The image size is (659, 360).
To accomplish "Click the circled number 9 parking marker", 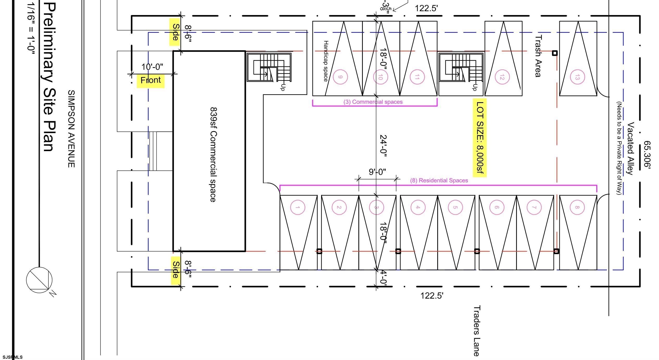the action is pyautogui.click(x=340, y=77).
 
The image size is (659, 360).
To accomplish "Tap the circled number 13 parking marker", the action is pyautogui.click(x=577, y=77).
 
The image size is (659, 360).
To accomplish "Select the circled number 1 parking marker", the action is pyautogui.click(x=297, y=207).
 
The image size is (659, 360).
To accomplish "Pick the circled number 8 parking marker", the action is pyautogui.click(x=577, y=207).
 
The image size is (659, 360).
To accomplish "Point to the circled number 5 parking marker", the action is pyautogui.click(x=455, y=207).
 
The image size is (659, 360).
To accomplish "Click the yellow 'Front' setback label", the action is pyautogui.click(x=151, y=80).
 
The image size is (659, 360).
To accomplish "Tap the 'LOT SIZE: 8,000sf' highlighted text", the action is pyautogui.click(x=480, y=137).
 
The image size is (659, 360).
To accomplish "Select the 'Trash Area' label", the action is pyautogui.click(x=538, y=56).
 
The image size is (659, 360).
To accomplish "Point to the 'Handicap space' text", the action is pyautogui.click(x=326, y=61).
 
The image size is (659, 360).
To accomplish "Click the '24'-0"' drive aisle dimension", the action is pyautogui.click(x=383, y=146).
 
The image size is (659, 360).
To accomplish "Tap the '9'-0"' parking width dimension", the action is pyautogui.click(x=377, y=172).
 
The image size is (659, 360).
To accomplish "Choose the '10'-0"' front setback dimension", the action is pyautogui.click(x=152, y=67).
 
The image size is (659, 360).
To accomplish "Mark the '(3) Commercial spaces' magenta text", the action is pyautogui.click(x=373, y=102).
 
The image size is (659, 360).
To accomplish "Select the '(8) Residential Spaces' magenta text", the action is pyautogui.click(x=439, y=180).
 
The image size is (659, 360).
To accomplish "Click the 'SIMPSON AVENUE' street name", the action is pyautogui.click(x=71, y=129).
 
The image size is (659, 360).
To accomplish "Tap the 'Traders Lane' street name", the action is pyautogui.click(x=477, y=331).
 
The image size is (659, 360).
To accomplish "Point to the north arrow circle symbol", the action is pyautogui.click(x=39, y=280).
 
